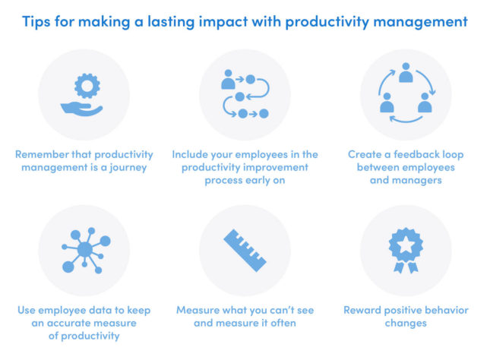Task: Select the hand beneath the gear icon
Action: click(84, 107)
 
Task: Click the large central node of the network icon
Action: click(85, 249)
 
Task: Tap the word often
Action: click(278, 323)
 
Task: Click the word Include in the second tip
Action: click(191, 154)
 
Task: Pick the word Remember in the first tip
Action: click(40, 154)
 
